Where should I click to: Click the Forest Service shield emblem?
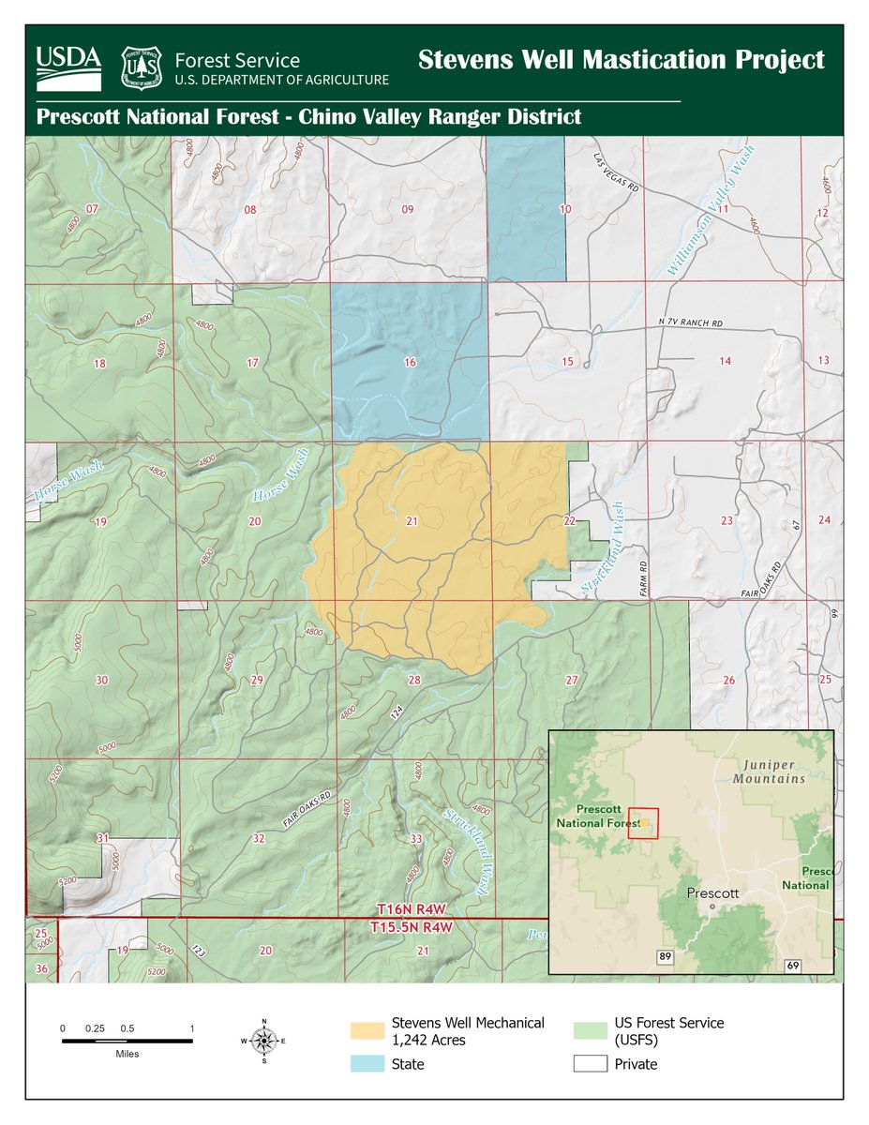click(142, 67)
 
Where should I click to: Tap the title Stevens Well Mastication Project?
click(621, 59)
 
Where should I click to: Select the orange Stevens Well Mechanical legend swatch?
click(367, 1030)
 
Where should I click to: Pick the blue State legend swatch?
click(367, 1064)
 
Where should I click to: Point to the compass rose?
click(264, 1041)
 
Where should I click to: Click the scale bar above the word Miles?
click(127, 1041)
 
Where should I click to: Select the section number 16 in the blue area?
click(410, 362)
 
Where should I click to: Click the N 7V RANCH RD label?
click(692, 323)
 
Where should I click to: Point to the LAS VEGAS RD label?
click(616, 173)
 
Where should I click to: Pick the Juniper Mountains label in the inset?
click(769, 772)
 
